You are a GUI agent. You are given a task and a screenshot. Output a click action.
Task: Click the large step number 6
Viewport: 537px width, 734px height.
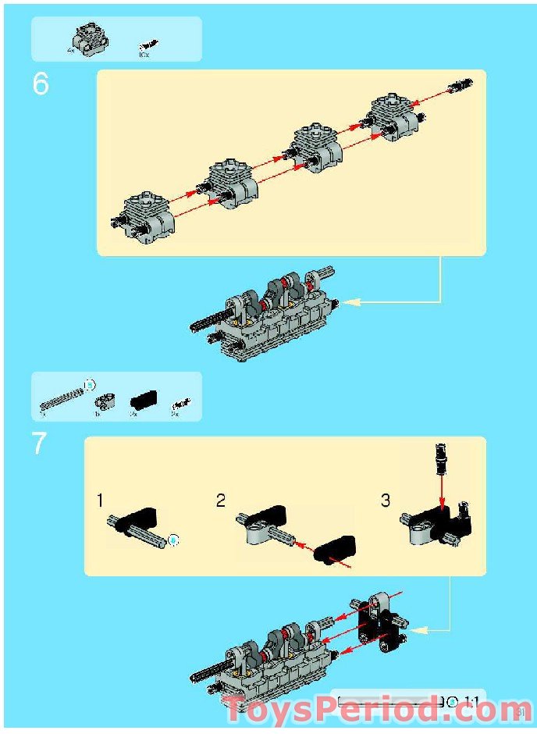(41, 84)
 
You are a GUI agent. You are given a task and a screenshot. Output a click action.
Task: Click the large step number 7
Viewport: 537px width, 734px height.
(40, 444)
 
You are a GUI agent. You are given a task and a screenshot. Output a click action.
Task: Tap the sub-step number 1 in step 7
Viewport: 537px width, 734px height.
(100, 500)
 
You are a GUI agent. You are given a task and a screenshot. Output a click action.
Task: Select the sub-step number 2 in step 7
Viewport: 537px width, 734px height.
(221, 501)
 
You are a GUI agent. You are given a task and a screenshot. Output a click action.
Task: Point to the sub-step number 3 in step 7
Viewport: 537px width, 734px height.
(385, 501)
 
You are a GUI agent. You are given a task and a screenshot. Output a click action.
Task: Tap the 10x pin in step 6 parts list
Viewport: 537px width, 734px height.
(145, 47)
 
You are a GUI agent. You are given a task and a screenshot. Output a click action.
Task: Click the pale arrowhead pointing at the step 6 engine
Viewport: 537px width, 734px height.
(354, 301)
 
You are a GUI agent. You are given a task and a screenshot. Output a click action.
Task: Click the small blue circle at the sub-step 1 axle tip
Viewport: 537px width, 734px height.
(174, 539)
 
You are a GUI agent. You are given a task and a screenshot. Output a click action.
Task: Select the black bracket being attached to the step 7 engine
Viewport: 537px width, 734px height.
(380, 621)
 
